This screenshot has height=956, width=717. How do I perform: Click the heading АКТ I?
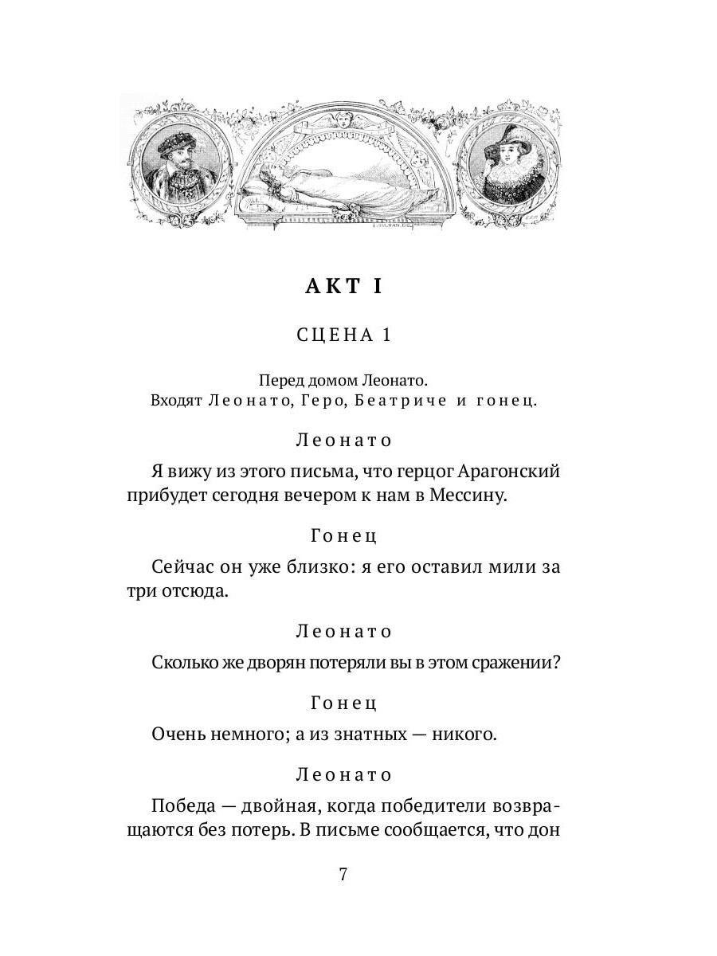[343, 288]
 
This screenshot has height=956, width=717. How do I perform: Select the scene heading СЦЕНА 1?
[343, 335]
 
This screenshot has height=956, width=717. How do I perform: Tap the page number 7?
[343, 874]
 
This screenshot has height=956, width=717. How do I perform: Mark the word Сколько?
[181, 663]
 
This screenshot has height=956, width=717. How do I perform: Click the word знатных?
[362, 735]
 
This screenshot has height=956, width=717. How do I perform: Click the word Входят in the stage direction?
[176, 402]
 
